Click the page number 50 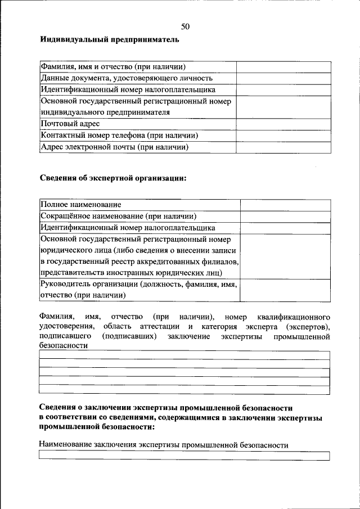click(x=186, y=26)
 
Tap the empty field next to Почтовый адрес click(x=283, y=124)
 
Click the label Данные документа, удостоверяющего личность click(x=126, y=78)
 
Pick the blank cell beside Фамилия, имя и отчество click(x=283, y=66)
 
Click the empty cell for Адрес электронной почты click(x=283, y=147)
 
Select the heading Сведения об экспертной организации click(x=112, y=178)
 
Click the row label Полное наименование click(x=81, y=205)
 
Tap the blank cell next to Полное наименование click(x=285, y=205)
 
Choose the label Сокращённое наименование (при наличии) click(x=118, y=217)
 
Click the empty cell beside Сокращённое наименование click(x=285, y=217)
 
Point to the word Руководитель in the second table click(x=65, y=285)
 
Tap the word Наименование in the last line click(x=65, y=445)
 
